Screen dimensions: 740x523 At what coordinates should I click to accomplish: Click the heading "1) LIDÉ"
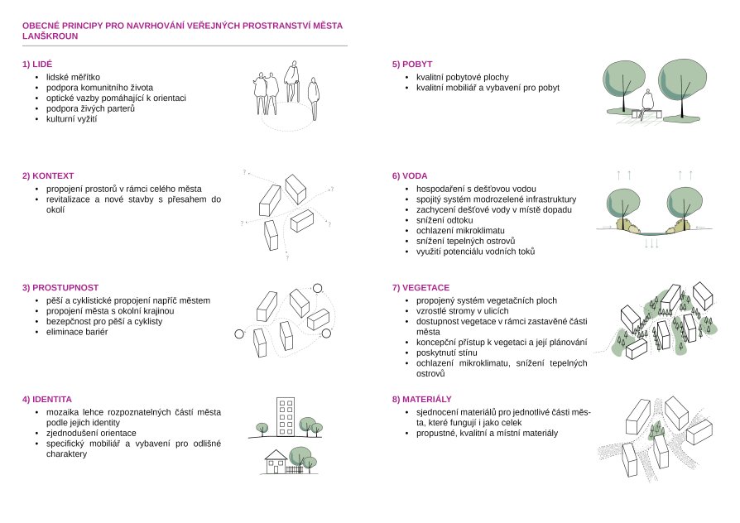[x=37, y=65]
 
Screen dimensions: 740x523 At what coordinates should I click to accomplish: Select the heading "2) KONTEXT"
[x=48, y=175]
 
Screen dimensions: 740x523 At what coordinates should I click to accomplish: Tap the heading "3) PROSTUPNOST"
[x=60, y=287]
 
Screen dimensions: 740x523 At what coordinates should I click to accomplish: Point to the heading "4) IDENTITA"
[x=47, y=400]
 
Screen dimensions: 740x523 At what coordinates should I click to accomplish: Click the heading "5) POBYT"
[x=412, y=65]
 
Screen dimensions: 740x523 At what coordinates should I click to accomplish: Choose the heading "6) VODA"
[x=410, y=175]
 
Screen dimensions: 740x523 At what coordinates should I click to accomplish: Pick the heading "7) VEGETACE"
[x=420, y=287]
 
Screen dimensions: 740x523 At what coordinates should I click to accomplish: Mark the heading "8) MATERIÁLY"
[x=422, y=400]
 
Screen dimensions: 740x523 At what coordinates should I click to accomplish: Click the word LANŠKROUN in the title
[x=50, y=36]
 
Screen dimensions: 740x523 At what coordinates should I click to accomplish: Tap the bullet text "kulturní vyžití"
[x=71, y=119]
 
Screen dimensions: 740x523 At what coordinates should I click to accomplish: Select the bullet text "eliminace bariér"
[x=77, y=332]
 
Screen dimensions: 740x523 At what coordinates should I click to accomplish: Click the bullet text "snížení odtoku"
[x=444, y=220]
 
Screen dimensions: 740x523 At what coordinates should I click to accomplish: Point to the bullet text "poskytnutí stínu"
[x=446, y=353]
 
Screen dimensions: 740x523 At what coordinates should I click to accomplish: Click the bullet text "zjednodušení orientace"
[x=91, y=434]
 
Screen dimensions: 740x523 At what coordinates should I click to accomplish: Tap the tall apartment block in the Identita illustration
[x=285, y=417]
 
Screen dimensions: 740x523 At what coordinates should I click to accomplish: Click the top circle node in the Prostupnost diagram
[x=317, y=289]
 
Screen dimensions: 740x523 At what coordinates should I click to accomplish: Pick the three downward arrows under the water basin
[x=651, y=243]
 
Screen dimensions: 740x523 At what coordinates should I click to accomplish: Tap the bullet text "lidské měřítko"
[x=73, y=78]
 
